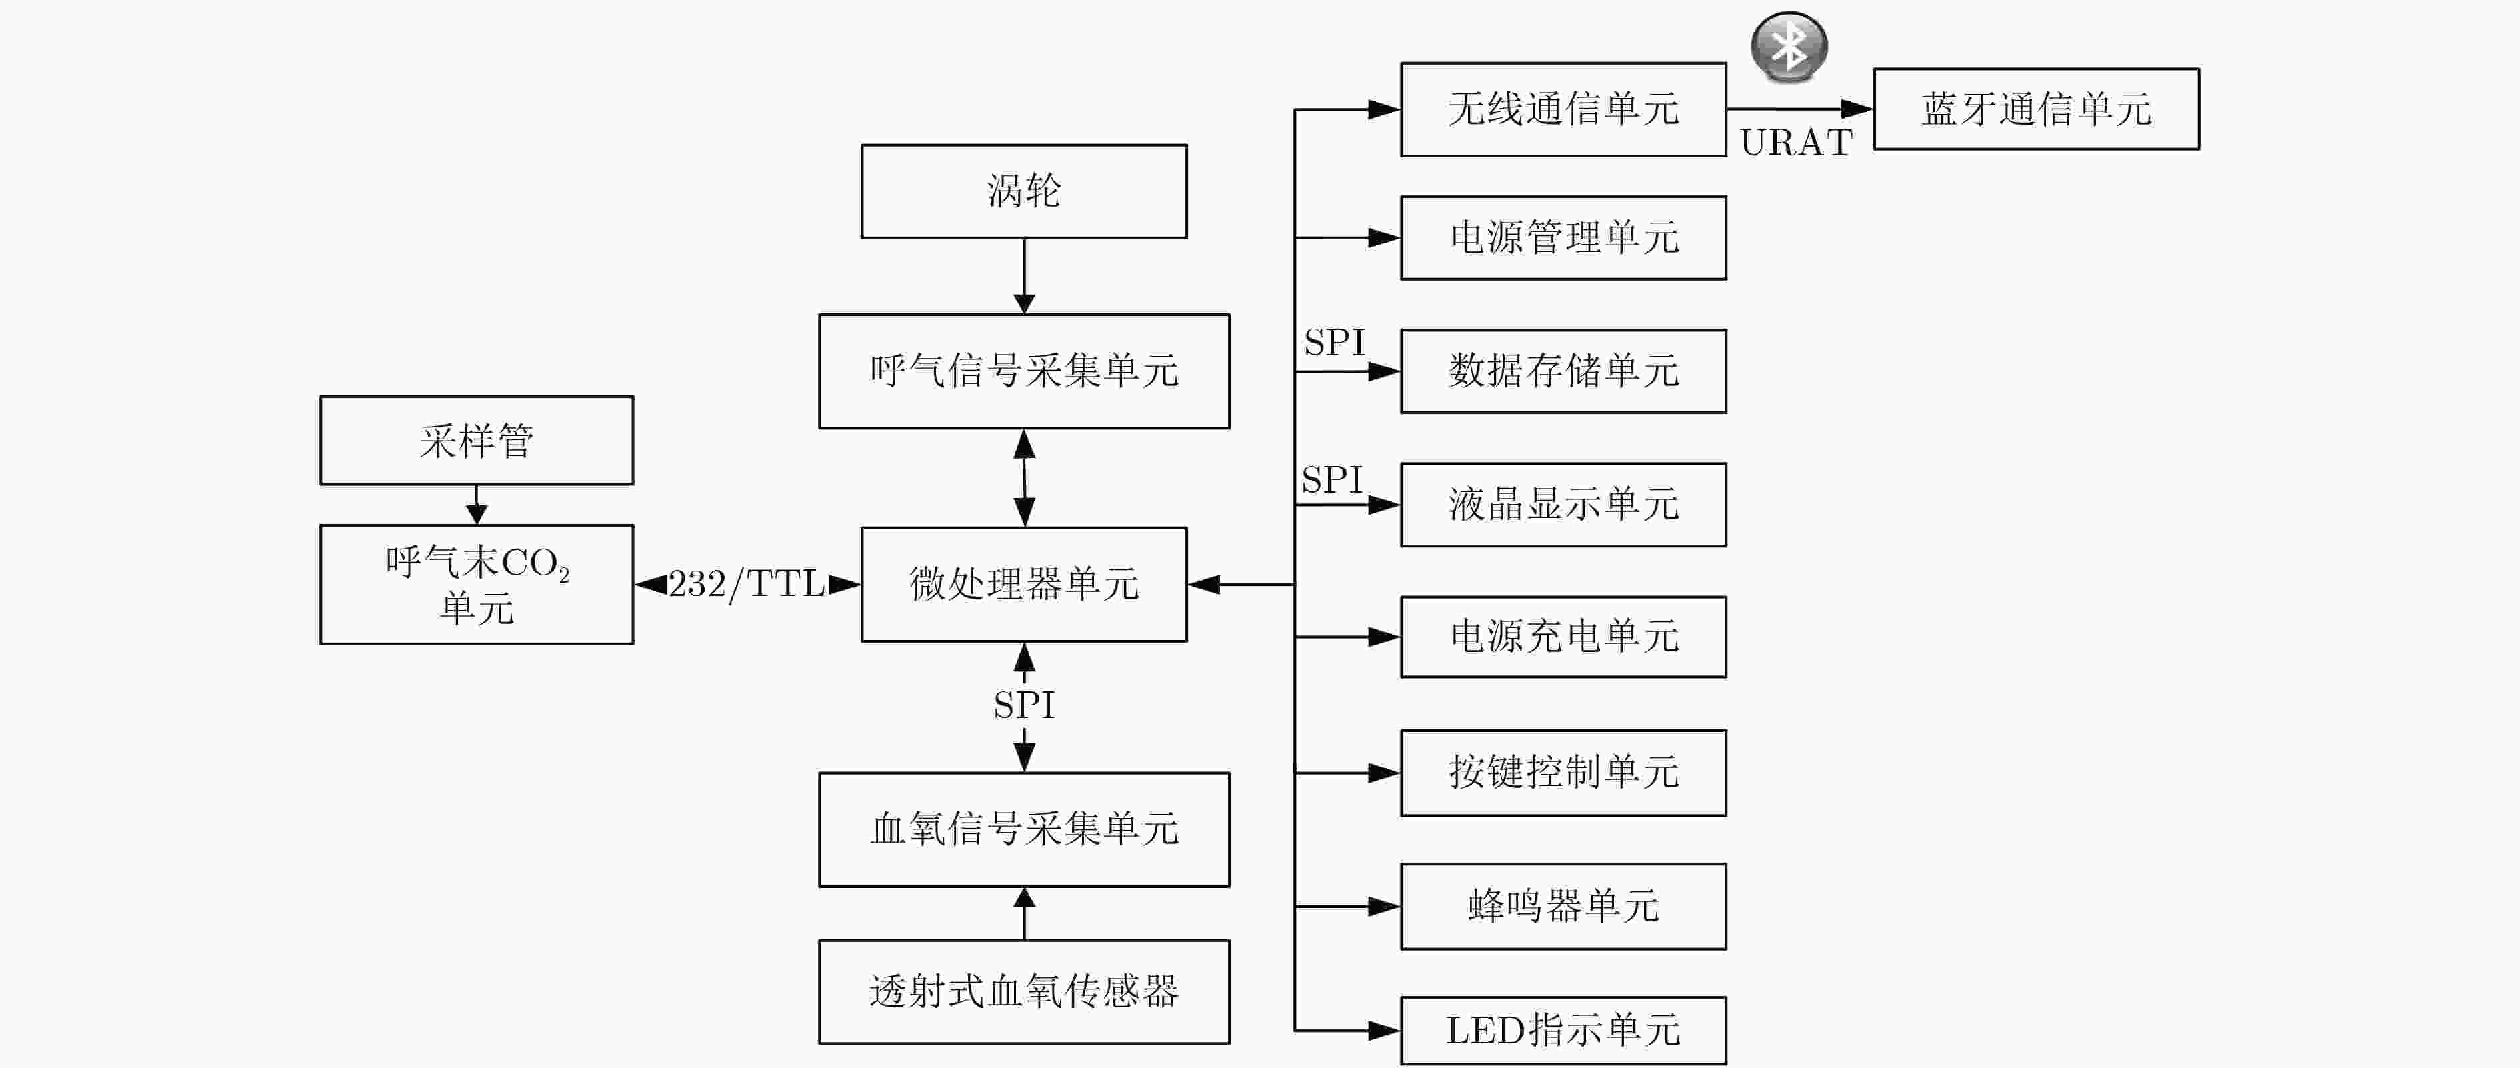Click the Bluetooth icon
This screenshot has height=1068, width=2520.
(x=1788, y=47)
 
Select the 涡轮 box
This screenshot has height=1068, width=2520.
(x=1024, y=192)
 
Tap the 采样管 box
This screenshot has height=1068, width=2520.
(x=477, y=440)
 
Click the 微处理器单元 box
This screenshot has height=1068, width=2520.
(x=1024, y=585)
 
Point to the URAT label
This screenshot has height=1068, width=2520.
(x=1796, y=143)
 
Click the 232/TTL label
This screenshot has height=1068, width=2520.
(x=747, y=585)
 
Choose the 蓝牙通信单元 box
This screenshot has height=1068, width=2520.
(x=2037, y=109)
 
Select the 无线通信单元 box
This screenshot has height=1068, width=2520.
(x=1563, y=109)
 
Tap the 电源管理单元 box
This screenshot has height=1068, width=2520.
(x=1563, y=237)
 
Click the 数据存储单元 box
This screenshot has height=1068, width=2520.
(x=1563, y=371)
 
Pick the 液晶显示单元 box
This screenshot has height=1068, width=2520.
(x=1563, y=505)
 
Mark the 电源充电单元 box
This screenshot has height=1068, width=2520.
(x=1563, y=637)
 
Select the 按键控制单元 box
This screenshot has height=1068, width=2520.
(x=1563, y=773)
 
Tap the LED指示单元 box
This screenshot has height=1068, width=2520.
(x=1563, y=1031)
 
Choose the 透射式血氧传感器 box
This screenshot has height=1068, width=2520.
(x=1024, y=992)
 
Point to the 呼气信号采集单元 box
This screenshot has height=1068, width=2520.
(x=1024, y=371)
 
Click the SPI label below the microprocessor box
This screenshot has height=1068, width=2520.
(x=1024, y=705)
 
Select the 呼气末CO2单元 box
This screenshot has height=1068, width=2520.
(x=477, y=585)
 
